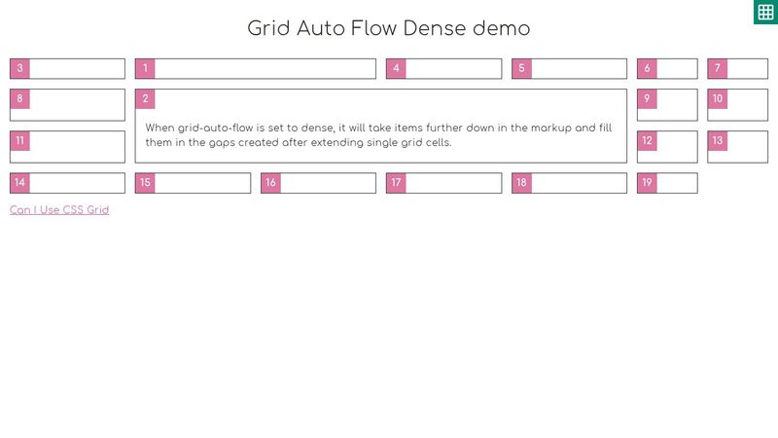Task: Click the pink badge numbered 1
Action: pos(145,68)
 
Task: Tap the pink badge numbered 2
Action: pos(145,99)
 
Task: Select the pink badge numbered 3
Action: pos(19,68)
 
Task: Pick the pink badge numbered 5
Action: pos(522,68)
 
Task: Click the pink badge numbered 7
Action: pos(718,68)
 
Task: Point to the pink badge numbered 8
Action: pos(19,99)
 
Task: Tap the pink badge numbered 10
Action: pos(718,99)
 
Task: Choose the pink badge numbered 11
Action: pos(19,141)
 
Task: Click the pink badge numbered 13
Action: pos(718,141)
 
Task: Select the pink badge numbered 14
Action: pos(19,183)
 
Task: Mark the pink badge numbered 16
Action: pos(270,183)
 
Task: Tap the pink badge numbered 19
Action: pos(647,183)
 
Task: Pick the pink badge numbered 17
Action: pos(396,183)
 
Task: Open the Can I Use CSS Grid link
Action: pos(59,210)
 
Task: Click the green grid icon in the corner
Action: pos(764,12)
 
